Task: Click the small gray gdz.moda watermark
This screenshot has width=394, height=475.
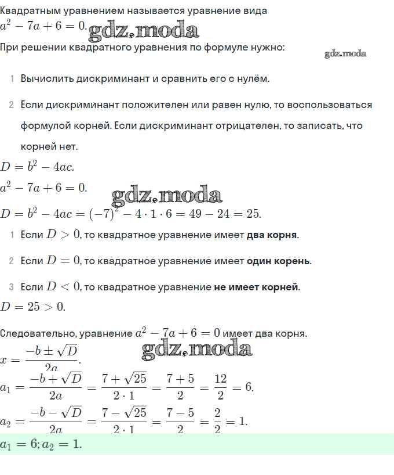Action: click(x=346, y=54)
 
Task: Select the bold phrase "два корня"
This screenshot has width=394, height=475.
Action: click(x=272, y=235)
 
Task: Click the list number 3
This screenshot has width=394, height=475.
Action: click(x=11, y=287)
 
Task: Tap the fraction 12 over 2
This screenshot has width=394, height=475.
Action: click(x=220, y=387)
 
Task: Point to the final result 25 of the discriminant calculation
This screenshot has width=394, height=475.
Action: click(x=253, y=214)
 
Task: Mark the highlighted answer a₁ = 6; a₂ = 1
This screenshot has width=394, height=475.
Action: click(x=41, y=445)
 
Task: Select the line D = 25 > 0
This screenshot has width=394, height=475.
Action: click(x=33, y=307)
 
